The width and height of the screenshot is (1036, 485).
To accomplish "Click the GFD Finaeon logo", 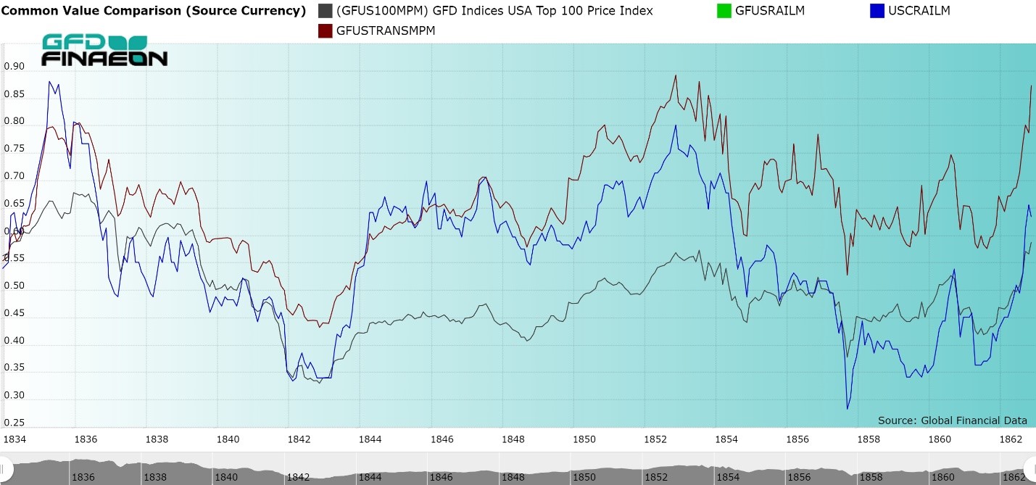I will pos(105,50).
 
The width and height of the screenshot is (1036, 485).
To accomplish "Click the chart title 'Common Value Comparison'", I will pos(153,11).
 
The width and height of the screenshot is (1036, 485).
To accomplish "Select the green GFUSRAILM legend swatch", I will pos(722,11).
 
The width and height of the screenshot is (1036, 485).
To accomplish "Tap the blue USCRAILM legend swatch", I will pos(877,11).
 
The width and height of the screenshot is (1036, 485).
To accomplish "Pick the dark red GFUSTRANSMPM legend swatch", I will pos(326,31).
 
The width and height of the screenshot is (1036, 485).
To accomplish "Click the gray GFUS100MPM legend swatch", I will pos(326,11).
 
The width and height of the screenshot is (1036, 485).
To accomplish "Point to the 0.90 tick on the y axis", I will pos(14,67).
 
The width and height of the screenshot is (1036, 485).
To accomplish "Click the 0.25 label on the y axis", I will pos(14,423).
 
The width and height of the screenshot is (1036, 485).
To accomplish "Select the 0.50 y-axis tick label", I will pos(14,286).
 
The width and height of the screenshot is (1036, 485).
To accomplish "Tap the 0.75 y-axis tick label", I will pos(14,149).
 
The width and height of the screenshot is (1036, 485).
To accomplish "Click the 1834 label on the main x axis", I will pos(15,439).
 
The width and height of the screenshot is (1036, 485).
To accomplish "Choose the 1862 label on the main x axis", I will pos(1012,439).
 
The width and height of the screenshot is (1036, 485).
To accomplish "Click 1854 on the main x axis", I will pos(727,439).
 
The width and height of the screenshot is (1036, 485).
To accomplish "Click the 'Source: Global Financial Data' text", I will pos(952,420).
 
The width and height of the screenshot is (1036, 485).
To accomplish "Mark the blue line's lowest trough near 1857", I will pos(848,409).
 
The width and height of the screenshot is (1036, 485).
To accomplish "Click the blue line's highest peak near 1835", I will pos(49,81).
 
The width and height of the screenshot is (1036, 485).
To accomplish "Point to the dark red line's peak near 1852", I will pos(676,75).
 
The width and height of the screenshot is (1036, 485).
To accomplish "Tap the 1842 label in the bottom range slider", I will pos(298,477).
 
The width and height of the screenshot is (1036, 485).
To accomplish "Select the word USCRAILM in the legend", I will pos(919,11).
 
